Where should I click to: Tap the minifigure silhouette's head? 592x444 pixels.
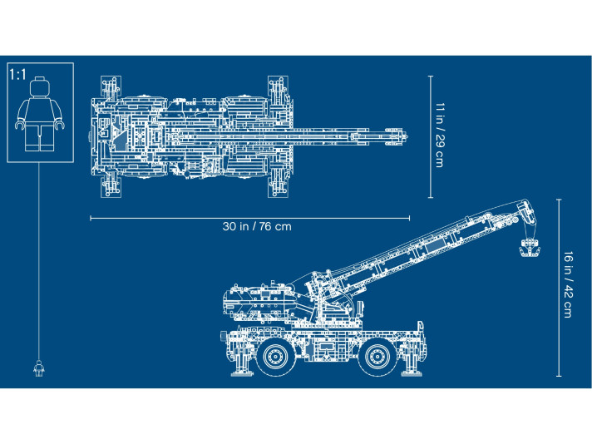[x=39, y=89]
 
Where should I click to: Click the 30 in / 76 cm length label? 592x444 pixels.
[x=257, y=226]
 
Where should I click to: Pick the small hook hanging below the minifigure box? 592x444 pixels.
[x=38, y=367]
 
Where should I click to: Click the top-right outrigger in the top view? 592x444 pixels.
[x=276, y=85]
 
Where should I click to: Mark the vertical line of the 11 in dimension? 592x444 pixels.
[x=430, y=136]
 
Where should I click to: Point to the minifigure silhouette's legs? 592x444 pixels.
[x=39, y=137]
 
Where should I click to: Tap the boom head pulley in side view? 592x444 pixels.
[x=524, y=205]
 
